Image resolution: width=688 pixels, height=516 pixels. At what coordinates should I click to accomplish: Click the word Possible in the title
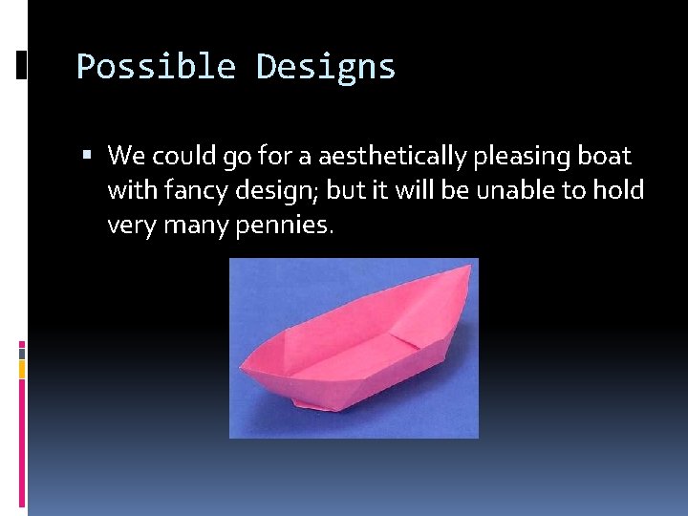coord(156,67)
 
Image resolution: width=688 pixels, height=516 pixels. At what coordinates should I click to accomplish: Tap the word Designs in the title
coord(326,67)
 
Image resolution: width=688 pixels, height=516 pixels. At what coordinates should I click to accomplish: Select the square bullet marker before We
coord(87,156)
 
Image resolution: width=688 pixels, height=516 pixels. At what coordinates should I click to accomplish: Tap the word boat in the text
coord(604,155)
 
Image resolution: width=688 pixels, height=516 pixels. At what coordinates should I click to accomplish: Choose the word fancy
coord(199,191)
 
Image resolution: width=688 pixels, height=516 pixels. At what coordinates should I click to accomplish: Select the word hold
coord(618,190)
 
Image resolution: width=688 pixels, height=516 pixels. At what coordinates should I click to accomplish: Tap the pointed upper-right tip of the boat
coord(469,267)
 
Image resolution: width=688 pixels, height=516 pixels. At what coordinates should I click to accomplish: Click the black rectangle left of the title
coord(21,65)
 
